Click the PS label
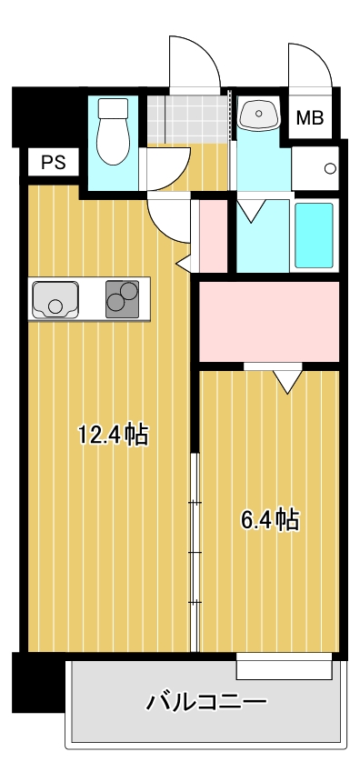53,163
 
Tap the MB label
310,118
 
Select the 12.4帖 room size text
114,434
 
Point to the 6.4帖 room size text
270,519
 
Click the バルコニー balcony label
206,702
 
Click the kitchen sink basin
55,299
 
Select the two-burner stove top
122,299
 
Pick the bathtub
314,235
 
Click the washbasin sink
259,115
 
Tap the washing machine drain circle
330,168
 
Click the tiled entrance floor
189,119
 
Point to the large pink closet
269,321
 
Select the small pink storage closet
214,236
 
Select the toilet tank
113,107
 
